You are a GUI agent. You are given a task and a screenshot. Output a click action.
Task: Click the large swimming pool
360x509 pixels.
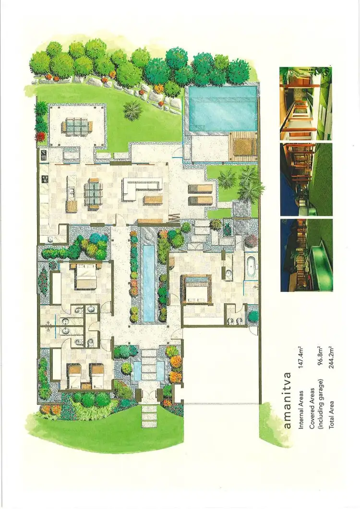point(221,108)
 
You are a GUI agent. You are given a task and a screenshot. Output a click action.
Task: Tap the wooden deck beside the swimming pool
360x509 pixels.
point(243,147)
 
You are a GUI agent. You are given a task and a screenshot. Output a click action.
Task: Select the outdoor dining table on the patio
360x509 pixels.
point(76,127)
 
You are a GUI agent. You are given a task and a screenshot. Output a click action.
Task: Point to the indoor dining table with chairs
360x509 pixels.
point(94,193)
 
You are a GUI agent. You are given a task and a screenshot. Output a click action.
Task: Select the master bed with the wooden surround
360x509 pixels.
point(195,289)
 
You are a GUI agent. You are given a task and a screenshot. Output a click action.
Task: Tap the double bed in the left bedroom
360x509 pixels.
point(86,277)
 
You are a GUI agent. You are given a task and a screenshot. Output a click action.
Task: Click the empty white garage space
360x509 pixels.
point(221,365)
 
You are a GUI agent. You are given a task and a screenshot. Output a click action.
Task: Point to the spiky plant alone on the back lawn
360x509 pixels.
point(132,111)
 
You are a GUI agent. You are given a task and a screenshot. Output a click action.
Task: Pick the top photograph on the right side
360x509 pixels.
point(305,103)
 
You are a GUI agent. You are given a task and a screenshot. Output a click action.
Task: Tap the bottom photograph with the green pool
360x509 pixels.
point(306,255)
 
